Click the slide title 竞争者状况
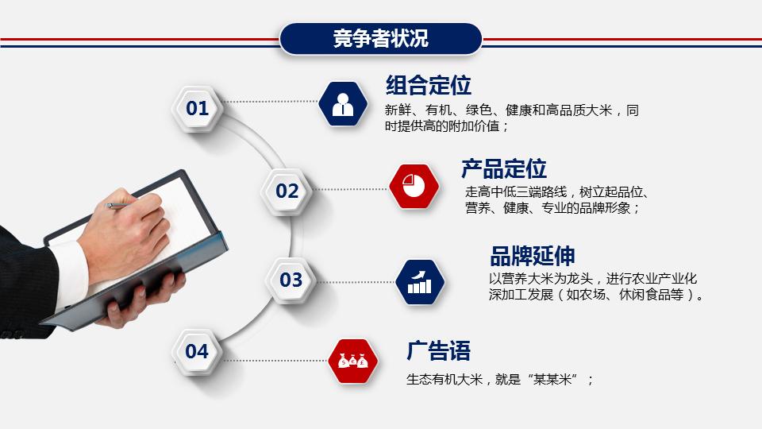point(381,39)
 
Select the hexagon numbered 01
point(198,108)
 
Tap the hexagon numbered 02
point(287,191)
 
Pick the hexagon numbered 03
point(291,280)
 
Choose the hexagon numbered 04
point(198,351)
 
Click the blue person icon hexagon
point(343,104)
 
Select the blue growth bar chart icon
point(420,281)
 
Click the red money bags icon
point(353,361)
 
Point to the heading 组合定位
point(429,85)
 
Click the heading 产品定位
point(504,168)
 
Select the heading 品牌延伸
point(533,256)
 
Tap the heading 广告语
point(439,350)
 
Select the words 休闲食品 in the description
point(644,295)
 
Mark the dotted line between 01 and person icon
point(270,102)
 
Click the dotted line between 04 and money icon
point(274,360)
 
